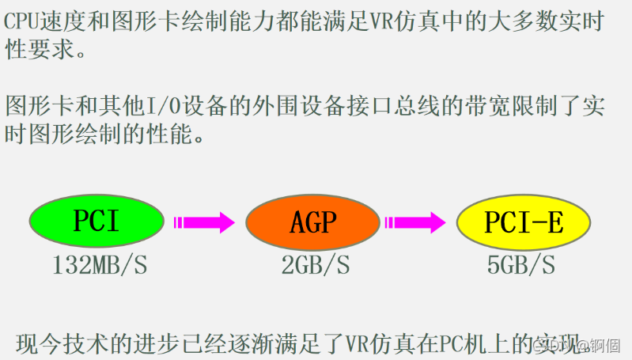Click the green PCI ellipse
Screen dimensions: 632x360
[97, 222]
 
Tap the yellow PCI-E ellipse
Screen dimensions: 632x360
[524, 223]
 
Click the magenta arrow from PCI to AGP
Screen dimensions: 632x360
[204, 222]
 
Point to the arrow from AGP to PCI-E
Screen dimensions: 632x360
[418, 222]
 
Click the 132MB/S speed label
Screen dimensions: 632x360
[100, 266]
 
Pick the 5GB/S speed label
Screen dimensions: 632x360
[521, 266]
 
